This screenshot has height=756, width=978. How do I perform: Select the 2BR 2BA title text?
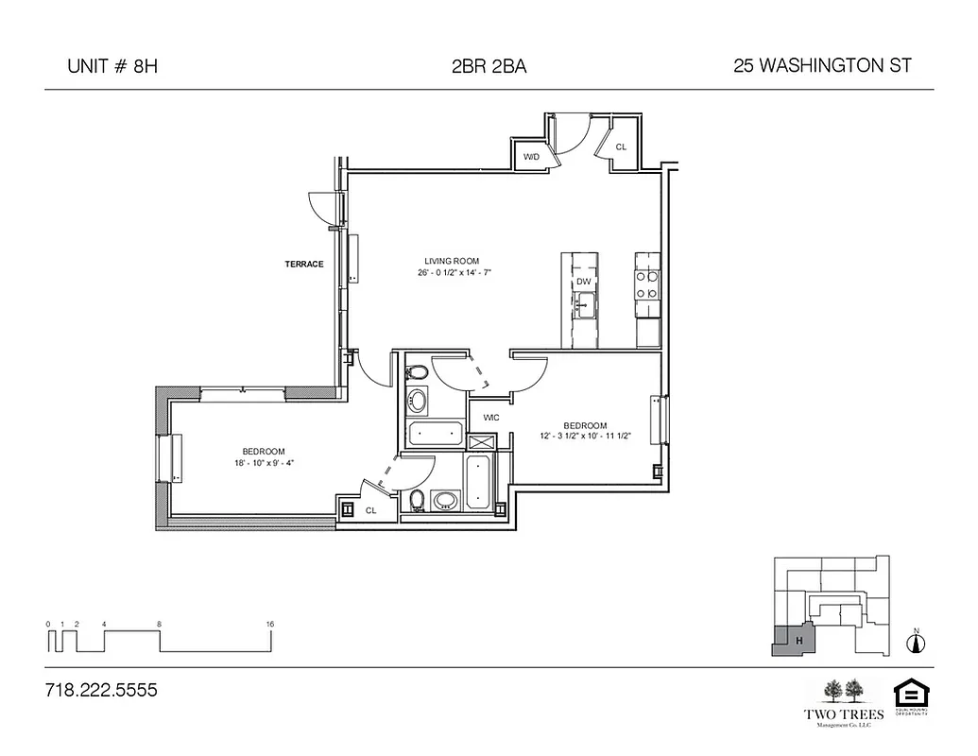point(489,66)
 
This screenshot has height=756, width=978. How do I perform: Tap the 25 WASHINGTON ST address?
point(822,66)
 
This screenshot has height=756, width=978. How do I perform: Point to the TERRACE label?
point(304,265)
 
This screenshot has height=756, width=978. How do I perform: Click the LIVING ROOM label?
point(452,261)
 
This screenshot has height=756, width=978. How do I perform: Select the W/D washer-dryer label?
point(531,157)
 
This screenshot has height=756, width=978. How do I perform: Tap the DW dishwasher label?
point(583,282)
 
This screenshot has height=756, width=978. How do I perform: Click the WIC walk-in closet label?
point(491,417)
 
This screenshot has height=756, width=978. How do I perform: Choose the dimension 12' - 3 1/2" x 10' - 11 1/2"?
point(585,437)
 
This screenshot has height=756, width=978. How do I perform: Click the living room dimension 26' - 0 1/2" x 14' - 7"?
point(452,272)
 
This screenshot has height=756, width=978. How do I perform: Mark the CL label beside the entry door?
point(622,147)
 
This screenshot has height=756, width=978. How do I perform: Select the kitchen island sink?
point(586,304)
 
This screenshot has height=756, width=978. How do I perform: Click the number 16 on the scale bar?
point(270,625)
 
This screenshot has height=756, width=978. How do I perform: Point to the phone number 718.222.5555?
point(101,691)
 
